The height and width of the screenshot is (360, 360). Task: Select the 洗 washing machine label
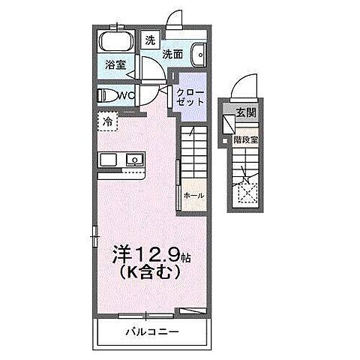[x=150, y=40]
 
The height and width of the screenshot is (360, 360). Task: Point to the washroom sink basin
[x=199, y=55]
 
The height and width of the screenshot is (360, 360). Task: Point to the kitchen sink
[x=134, y=159]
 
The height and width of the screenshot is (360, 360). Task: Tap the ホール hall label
[x=193, y=195]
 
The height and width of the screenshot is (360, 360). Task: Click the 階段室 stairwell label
[x=245, y=139]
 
